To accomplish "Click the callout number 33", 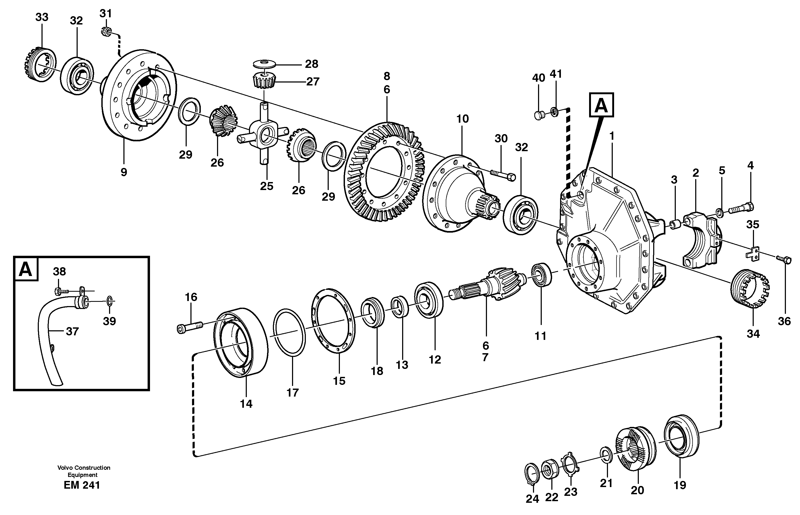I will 42,17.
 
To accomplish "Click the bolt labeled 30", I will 503,175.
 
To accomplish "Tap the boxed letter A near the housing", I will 601,105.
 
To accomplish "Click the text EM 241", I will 82,485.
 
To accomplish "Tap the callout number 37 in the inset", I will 72,331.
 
